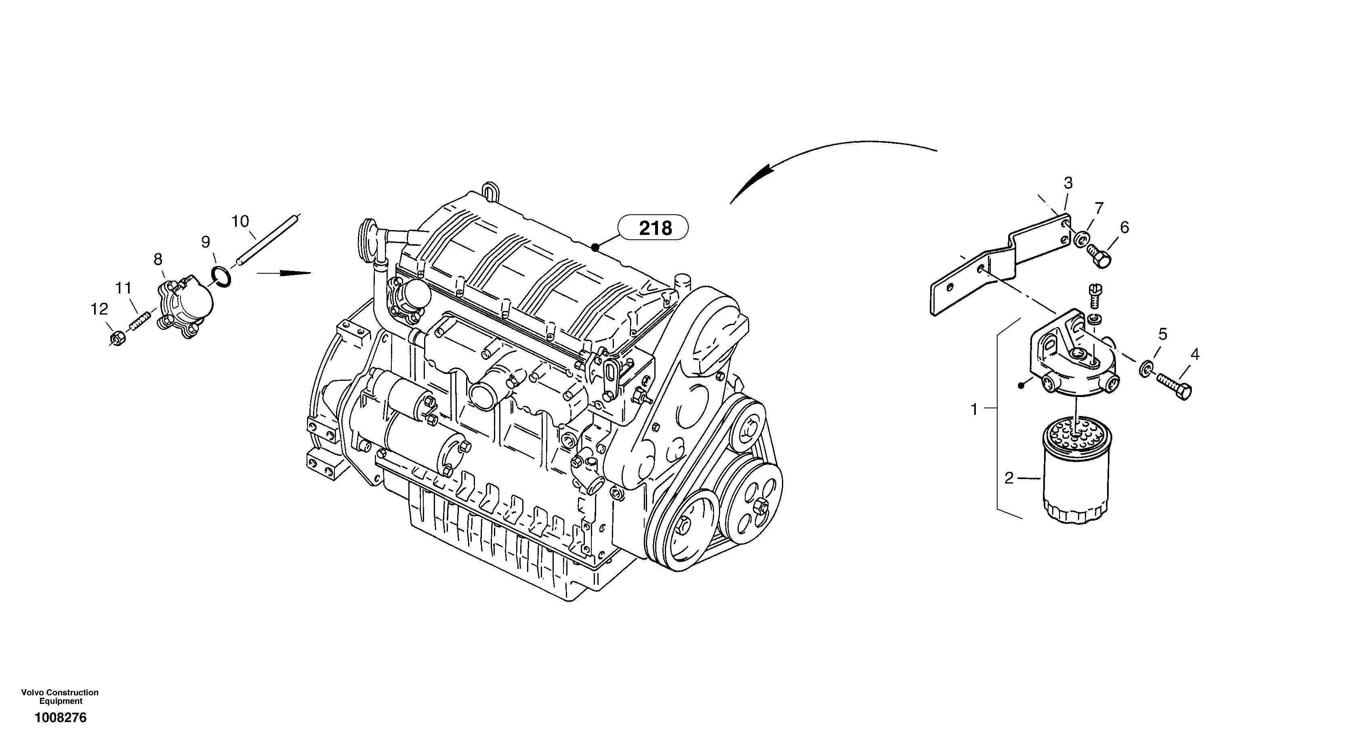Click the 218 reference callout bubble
654,228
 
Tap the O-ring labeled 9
221,277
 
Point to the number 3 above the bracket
1068,183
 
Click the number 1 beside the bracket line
974,409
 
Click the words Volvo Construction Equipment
60,697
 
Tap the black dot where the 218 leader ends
595,247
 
